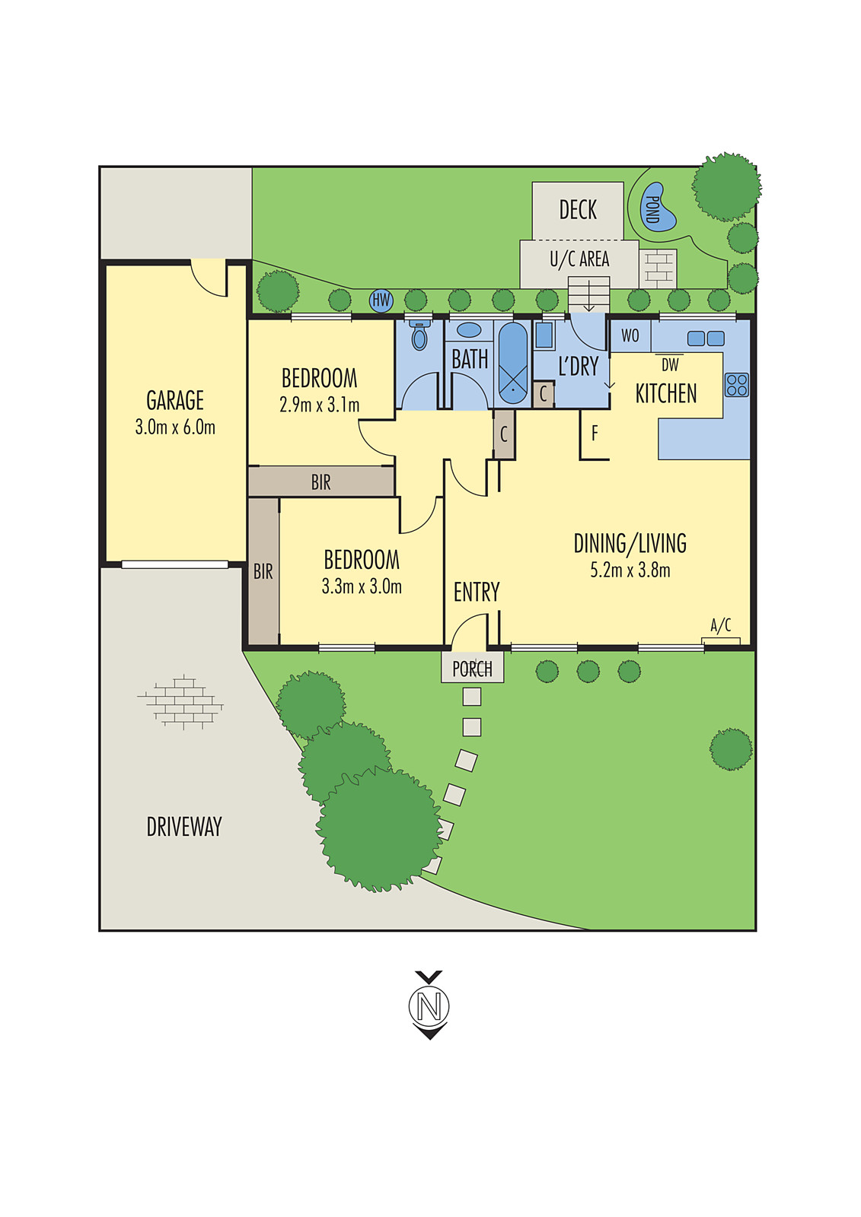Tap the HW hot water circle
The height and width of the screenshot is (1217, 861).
click(381, 300)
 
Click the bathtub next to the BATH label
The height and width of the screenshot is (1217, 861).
click(512, 363)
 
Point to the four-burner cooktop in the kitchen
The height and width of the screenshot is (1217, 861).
click(736, 384)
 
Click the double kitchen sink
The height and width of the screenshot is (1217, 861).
click(706, 338)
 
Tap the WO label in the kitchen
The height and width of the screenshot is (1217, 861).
click(630, 335)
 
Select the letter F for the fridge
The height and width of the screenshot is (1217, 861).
click(595, 434)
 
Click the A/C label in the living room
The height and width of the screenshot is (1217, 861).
click(721, 625)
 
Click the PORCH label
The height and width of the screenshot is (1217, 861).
click(472, 669)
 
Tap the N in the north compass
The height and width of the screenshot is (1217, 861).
click(429, 1006)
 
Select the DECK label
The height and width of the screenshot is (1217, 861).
click(578, 210)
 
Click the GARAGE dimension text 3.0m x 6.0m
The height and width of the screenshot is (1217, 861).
click(175, 427)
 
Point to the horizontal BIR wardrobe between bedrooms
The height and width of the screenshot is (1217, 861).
click(320, 482)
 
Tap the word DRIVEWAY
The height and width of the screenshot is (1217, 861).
click(184, 827)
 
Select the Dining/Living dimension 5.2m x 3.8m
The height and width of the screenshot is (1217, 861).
click(630, 570)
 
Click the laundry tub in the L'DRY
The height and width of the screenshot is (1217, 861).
click(544, 335)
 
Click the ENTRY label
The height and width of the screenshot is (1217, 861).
click(477, 592)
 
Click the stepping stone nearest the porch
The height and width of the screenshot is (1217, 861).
click(472, 696)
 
